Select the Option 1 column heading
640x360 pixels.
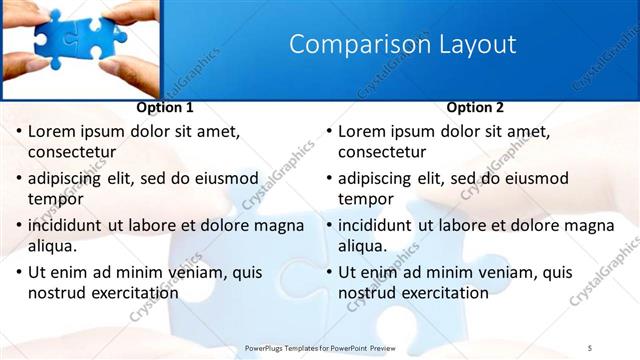tap(164, 107)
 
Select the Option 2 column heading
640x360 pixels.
tap(476, 107)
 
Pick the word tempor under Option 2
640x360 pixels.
tap(366, 199)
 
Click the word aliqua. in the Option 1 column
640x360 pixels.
tap(56, 246)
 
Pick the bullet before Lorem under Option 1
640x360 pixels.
tap(17, 132)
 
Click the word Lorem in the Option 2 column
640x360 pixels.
tap(362, 132)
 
